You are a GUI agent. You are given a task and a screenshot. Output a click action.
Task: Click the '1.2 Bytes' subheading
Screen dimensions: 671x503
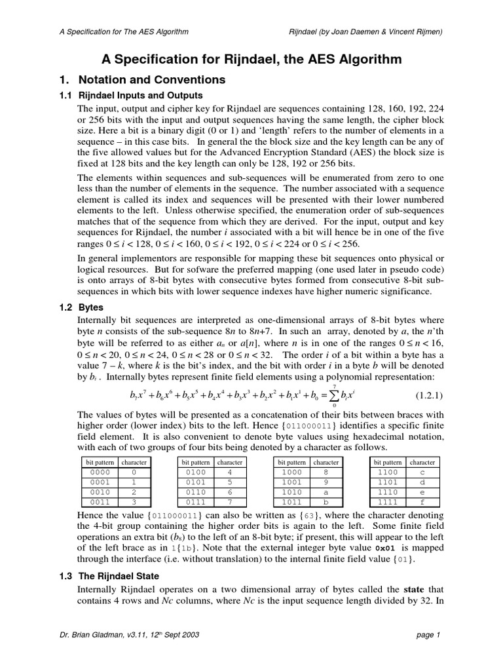pyautogui.click(x=81, y=307)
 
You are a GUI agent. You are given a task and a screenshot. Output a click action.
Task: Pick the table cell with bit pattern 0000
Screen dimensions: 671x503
pyautogui.click(x=98, y=472)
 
